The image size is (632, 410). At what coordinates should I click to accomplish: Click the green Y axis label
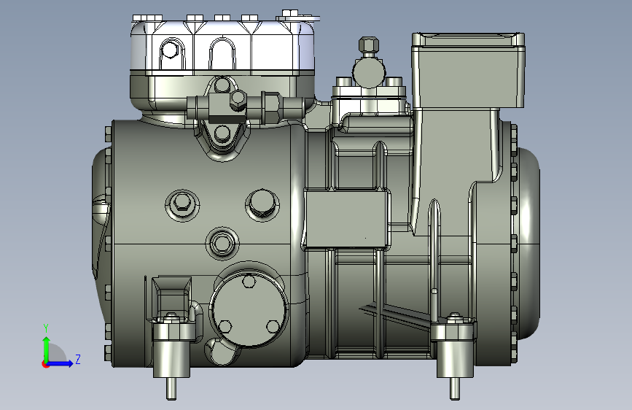point(46,328)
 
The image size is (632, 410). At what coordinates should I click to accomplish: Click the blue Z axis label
point(78,359)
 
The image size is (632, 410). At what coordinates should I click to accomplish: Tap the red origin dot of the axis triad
point(44,364)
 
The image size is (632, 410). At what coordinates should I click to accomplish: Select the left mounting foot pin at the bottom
point(171,388)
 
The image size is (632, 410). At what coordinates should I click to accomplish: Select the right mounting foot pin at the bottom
point(455,388)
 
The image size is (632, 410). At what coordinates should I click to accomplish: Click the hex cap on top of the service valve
point(368,45)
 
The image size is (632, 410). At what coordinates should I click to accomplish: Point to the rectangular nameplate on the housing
point(347,218)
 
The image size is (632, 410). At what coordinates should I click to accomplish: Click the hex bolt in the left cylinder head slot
point(170,50)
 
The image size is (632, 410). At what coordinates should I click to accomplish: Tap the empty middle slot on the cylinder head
point(222,55)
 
